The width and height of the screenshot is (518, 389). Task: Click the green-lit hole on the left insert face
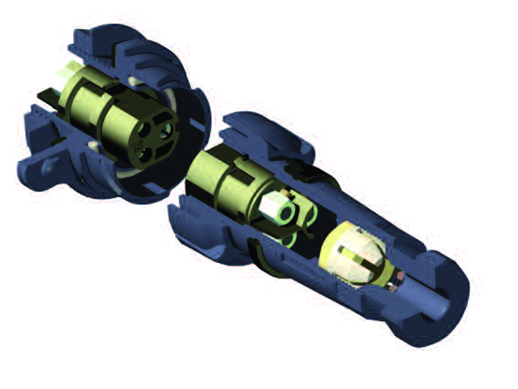click(x=164, y=131)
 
